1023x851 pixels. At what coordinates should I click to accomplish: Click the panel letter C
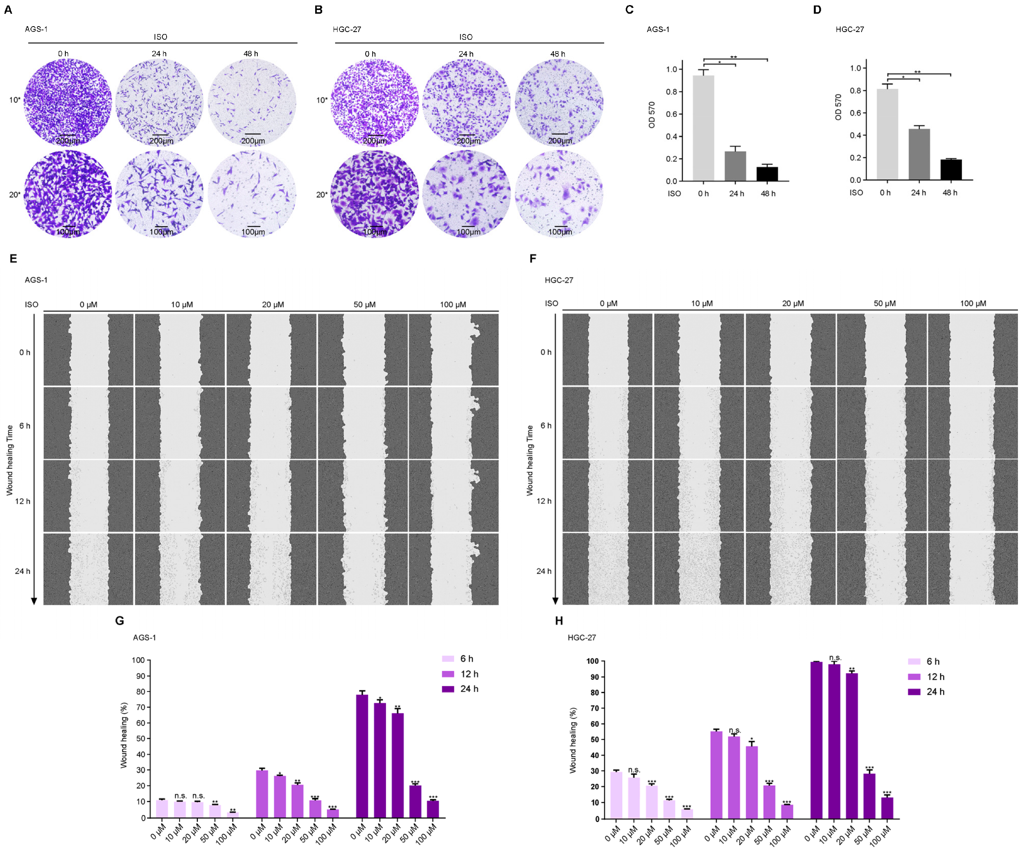pyautogui.click(x=629, y=10)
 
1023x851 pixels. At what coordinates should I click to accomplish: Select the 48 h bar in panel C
pyautogui.click(x=767, y=174)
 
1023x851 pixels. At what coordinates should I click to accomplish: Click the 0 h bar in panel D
pyautogui.click(x=887, y=135)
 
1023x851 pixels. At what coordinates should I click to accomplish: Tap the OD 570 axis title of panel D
pyautogui.click(x=838, y=107)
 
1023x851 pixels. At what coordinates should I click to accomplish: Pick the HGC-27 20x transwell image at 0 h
pyautogui.click(x=375, y=195)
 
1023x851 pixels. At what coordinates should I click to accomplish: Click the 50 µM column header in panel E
pyautogui.click(x=364, y=305)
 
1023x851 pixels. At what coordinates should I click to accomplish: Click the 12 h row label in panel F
pyautogui.click(x=544, y=501)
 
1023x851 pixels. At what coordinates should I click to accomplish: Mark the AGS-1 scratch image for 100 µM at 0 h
pyautogui.click(x=454, y=350)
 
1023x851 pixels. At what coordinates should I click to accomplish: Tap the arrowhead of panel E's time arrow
pyautogui.click(x=34, y=601)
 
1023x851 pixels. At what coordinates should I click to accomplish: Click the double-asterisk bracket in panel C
pyautogui.click(x=735, y=59)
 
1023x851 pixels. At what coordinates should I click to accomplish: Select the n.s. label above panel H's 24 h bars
pyautogui.click(x=835, y=658)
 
